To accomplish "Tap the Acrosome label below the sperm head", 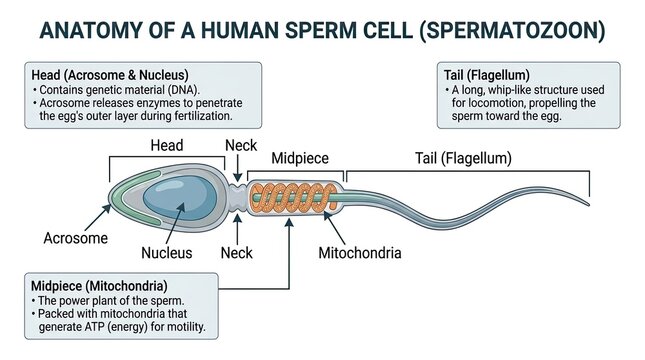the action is click(76, 238).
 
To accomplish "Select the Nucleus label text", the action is click(167, 253).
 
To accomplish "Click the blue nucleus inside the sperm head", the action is click(180, 198).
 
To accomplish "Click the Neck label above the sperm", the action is click(241, 145).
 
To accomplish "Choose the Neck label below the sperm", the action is click(237, 253).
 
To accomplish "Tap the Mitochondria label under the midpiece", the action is click(360, 253).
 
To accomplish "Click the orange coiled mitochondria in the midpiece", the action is click(294, 198).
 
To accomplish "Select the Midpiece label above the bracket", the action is click(300, 158).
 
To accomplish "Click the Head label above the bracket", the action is click(167, 145).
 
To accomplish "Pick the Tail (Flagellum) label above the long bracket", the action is click(463, 158).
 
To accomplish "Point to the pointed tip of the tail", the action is click(588, 204).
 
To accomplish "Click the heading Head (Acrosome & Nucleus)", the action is click(110, 75).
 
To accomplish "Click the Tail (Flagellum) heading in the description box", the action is click(486, 75).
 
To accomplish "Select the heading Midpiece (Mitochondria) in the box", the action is click(99, 286).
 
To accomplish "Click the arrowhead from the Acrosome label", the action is click(107, 208).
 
